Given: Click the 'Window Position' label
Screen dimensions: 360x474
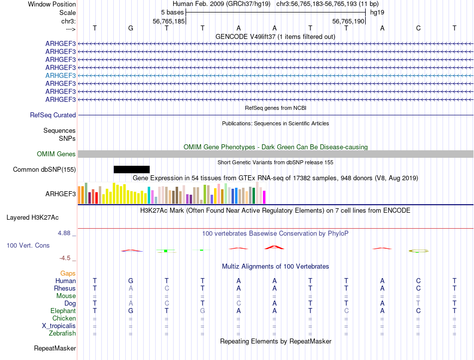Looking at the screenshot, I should (x=52, y=4).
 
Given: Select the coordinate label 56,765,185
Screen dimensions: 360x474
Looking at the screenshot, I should (x=169, y=21).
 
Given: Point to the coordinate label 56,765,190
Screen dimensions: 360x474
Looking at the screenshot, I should (x=348, y=21).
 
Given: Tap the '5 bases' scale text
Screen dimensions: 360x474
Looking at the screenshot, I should (x=172, y=12).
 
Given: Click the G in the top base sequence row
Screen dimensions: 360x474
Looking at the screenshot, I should (x=131, y=28).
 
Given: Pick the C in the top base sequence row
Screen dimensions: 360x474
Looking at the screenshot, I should (x=419, y=28).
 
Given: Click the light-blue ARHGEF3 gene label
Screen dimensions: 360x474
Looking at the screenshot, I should (x=60, y=75).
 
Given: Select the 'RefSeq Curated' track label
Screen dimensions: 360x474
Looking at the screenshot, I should (x=53, y=115).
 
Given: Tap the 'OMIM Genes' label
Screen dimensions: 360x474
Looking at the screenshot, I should (x=56, y=154).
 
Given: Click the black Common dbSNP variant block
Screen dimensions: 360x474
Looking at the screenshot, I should (x=132, y=169).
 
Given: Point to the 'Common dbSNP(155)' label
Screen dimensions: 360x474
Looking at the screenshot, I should (x=44, y=170).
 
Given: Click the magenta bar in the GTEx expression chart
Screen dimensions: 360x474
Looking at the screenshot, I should (x=264, y=197).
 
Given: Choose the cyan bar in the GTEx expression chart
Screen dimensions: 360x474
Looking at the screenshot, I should (x=149, y=195).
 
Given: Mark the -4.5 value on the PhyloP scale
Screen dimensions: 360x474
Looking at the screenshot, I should (x=65, y=258).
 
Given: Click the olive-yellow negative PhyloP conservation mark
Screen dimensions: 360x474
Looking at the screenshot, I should (x=419, y=251).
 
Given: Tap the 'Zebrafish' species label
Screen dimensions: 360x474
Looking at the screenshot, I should (x=62, y=334).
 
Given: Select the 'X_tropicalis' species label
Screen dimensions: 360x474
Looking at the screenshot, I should (x=59, y=326).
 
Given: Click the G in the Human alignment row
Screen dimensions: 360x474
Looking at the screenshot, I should (x=131, y=281).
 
